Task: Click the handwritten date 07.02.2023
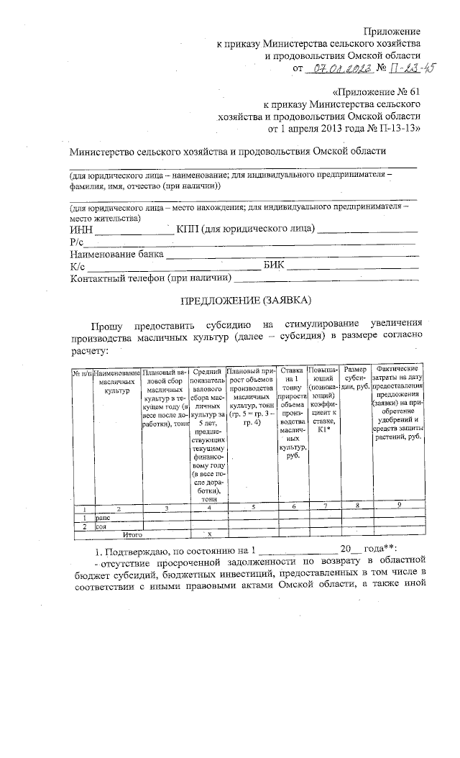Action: pyautogui.click(x=341, y=69)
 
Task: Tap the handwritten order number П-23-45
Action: pyautogui.click(x=413, y=68)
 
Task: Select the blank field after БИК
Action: pyautogui.click(x=352, y=266)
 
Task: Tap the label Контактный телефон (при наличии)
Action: pyautogui.click(x=150, y=278)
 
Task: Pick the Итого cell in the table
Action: pyautogui.click(x=132, y=535)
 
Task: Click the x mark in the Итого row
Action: pyautogui.click(x=209, y=535)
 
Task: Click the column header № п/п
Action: pyautogui.click(x=81, y=373)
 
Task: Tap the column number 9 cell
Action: pyautogui.click(x=400, y=508)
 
